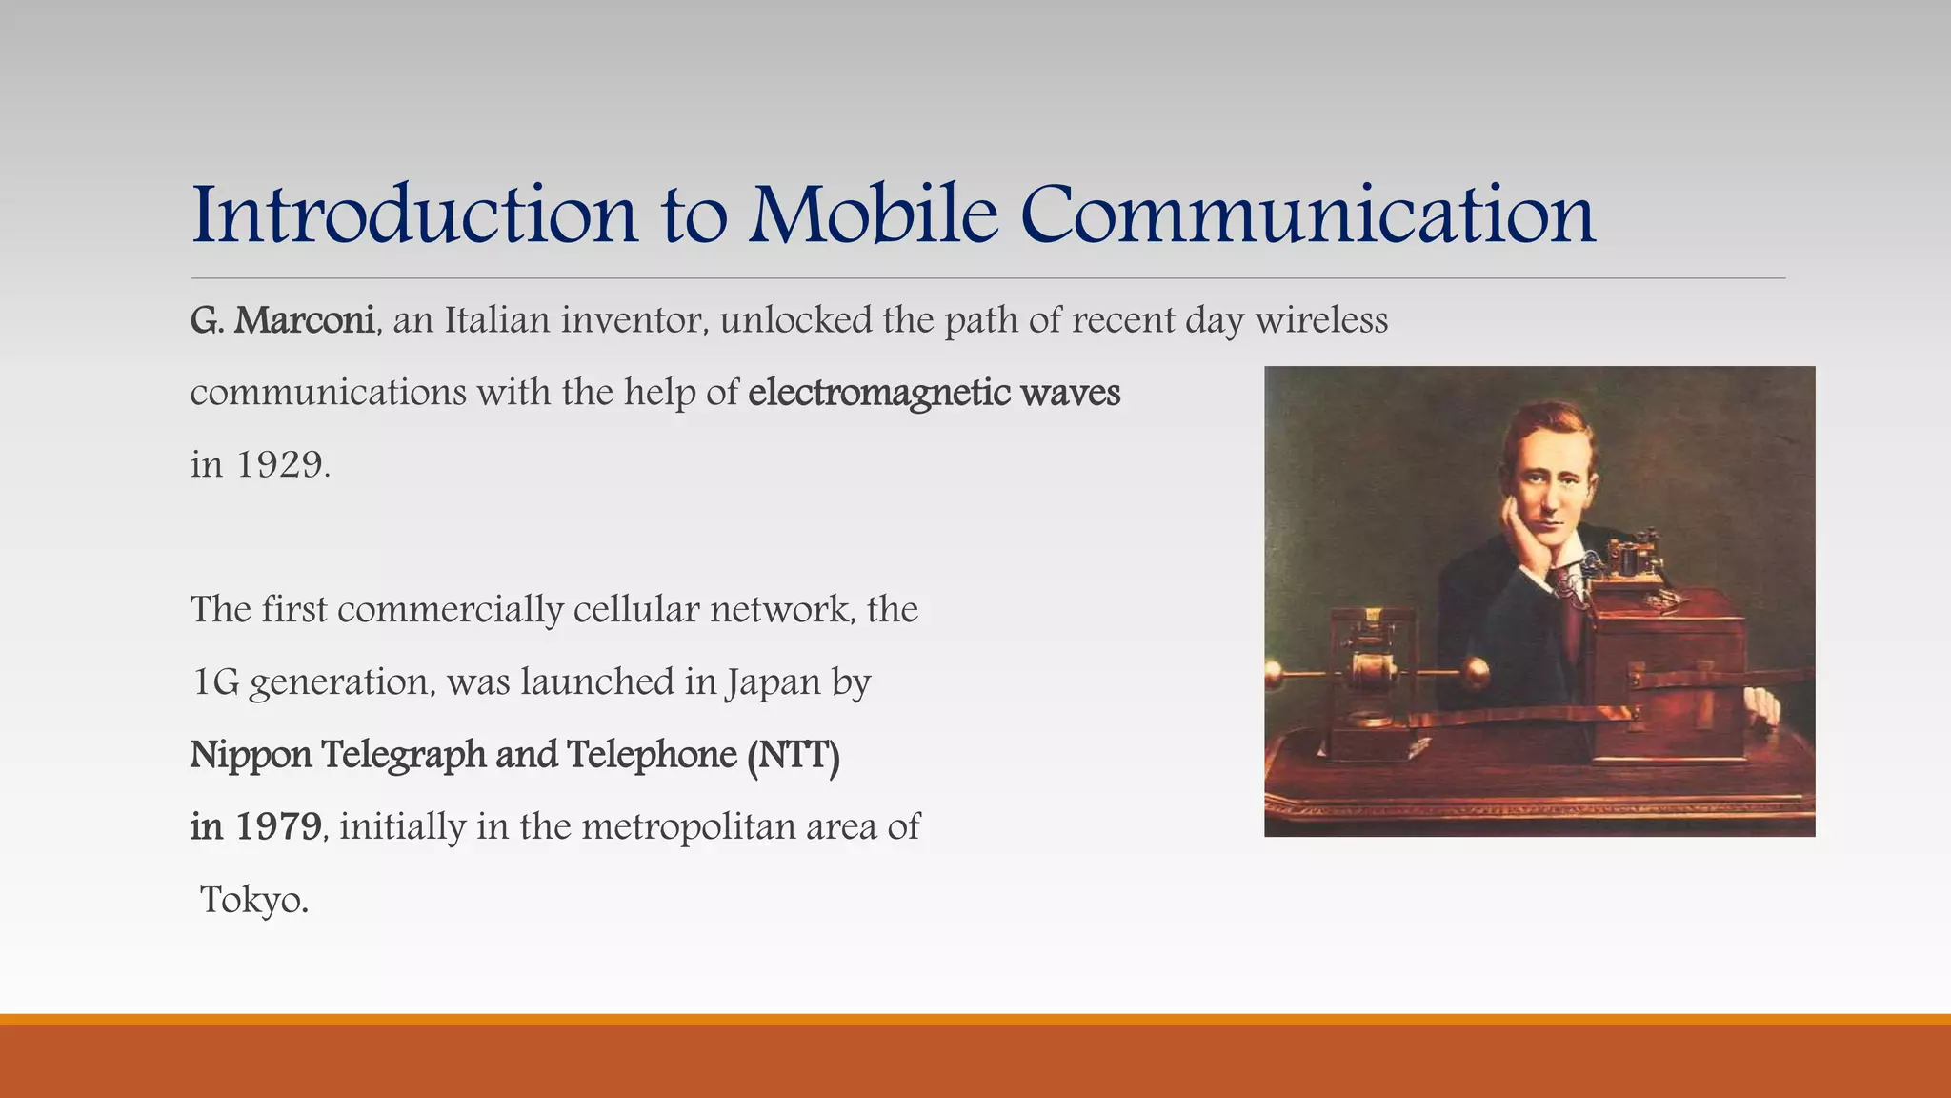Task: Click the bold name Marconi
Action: coord(304,320)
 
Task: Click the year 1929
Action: coord(281,465)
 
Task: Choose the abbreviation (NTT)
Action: coord(793,755)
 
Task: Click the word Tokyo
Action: coord(253,900)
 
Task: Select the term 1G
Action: coord(215,682)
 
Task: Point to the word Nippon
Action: coord(251,755)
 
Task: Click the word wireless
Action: coord(1321,320)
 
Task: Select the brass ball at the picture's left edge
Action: coord(1274,677)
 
